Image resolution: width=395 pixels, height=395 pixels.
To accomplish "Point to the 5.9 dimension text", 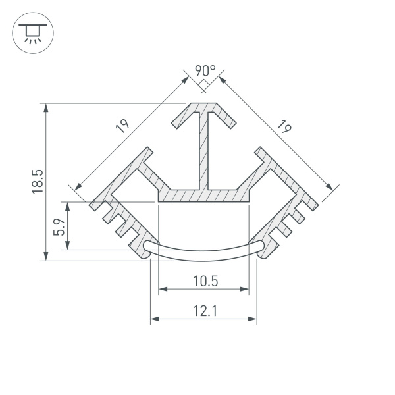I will click(x=58, y=226).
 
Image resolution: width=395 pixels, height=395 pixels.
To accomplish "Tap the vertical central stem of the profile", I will click(x=205, y=151).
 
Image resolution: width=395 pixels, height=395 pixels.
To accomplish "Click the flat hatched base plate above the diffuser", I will click(x=205, y=195).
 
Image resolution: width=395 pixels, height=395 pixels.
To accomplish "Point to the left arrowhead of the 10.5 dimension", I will click(x=162, y=289).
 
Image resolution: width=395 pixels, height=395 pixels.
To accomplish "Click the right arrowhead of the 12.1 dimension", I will click(x=253, y=320).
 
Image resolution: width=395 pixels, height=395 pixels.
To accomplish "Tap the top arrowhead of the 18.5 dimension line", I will click(x=45, y=107).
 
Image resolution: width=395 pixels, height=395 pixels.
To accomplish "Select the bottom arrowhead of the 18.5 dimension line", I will click(x=45, y=257).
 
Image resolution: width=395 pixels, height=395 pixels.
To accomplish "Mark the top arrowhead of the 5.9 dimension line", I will click(x=68, y=206).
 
